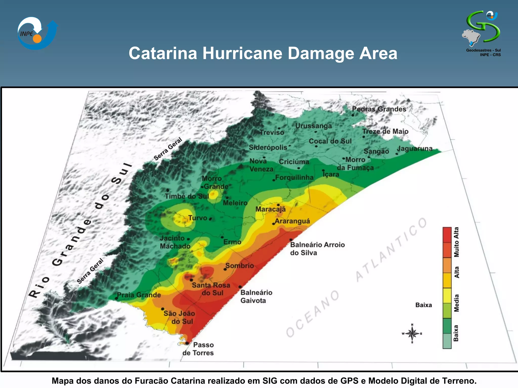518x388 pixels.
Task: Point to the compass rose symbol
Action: coord(412,334)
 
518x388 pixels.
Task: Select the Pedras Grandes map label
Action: coord(379,109)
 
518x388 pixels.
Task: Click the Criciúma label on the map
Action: coord(294,162)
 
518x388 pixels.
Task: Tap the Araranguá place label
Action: coord(292,221)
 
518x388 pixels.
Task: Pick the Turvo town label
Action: coord(198,218)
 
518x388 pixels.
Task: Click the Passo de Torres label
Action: coord(199,349)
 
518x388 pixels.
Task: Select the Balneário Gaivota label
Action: coord(256,296)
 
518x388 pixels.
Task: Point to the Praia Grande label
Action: coord(139,295)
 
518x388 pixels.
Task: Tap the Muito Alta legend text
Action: coord(456,242)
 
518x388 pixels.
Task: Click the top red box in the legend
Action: coord(447,235)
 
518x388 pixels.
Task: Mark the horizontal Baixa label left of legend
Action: coord(423,305)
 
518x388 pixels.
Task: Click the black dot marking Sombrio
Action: coord(225,269)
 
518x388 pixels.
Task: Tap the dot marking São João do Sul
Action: coord(162,309)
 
